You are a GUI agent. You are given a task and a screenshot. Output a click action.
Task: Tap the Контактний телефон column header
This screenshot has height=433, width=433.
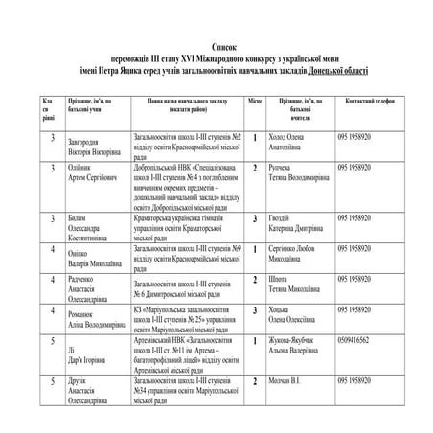click(363, 100)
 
